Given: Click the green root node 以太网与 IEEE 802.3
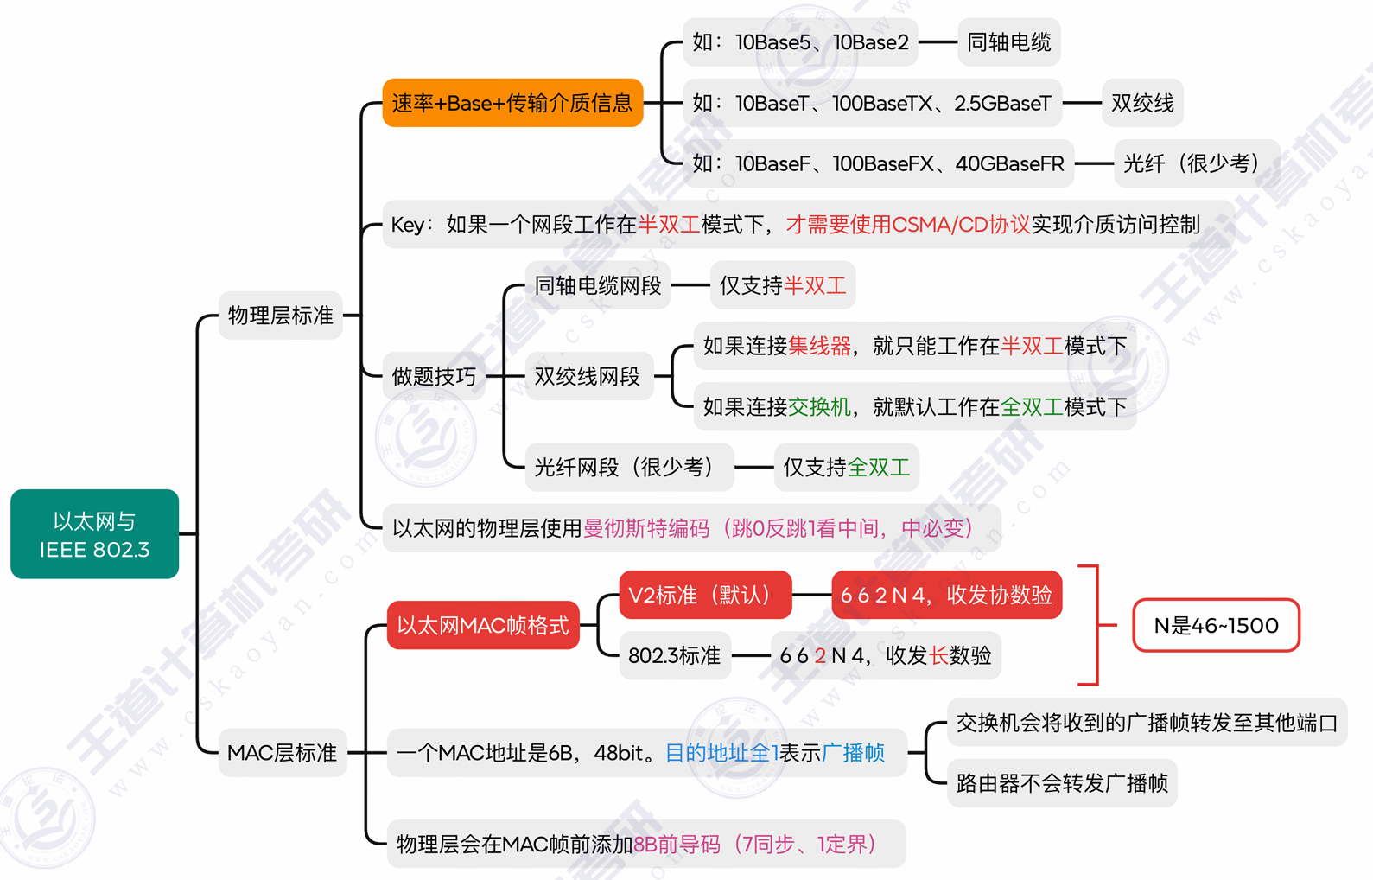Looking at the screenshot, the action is [94, 534].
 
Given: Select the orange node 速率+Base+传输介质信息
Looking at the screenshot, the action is [512, 103].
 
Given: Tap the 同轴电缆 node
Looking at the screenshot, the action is [1008, 42].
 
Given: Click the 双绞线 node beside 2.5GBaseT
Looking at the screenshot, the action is [1142, 103].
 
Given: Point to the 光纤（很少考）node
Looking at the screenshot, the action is [1196, 163].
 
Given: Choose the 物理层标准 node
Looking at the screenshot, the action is [280, 316].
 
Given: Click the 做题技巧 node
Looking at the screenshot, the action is [434, 376].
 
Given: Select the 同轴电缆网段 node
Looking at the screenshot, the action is [597, 285].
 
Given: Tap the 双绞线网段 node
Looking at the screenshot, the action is [587, 376].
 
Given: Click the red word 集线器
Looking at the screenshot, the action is [819, 347].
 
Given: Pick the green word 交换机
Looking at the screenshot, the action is [819, 407].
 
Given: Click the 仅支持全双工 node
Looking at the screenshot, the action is [846, 468].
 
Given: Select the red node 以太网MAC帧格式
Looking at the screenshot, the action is [482, 625].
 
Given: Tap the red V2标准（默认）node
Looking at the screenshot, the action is [705, 595].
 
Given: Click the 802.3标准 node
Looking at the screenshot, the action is [674, 655].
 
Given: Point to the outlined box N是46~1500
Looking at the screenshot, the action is [1216, 625].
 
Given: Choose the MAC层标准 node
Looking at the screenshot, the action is [282, 753].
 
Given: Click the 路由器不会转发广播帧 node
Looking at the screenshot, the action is [1062, 783].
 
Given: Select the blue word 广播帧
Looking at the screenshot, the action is [853, 753].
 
